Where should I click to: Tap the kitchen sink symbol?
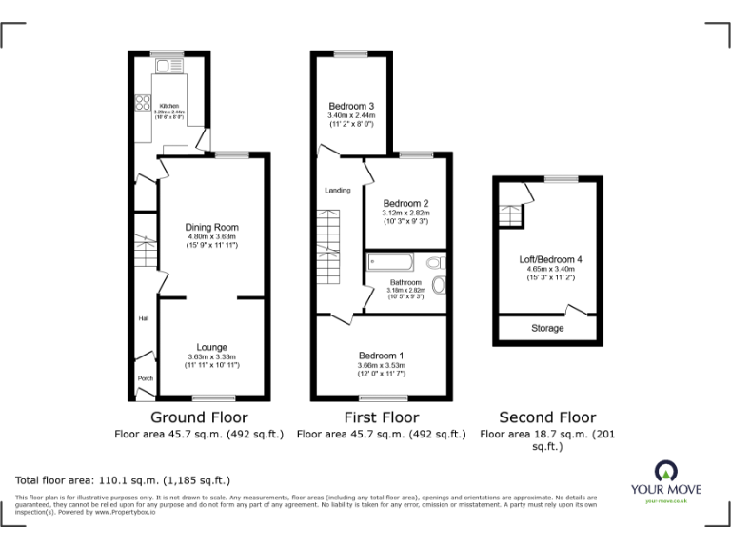click(163, 66)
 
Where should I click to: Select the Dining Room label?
click(211, 227)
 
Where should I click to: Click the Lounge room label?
click(211, 346)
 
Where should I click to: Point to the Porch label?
click(146, 378)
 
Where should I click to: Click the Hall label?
click(144, 318)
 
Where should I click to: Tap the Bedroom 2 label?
click(405, 203)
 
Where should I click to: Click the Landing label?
click(337, 191)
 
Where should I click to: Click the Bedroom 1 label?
click(382, 356)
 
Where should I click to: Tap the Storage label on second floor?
click(547, 328)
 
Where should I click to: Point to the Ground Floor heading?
click(200, 417)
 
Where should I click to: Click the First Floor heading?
click(381, 417)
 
